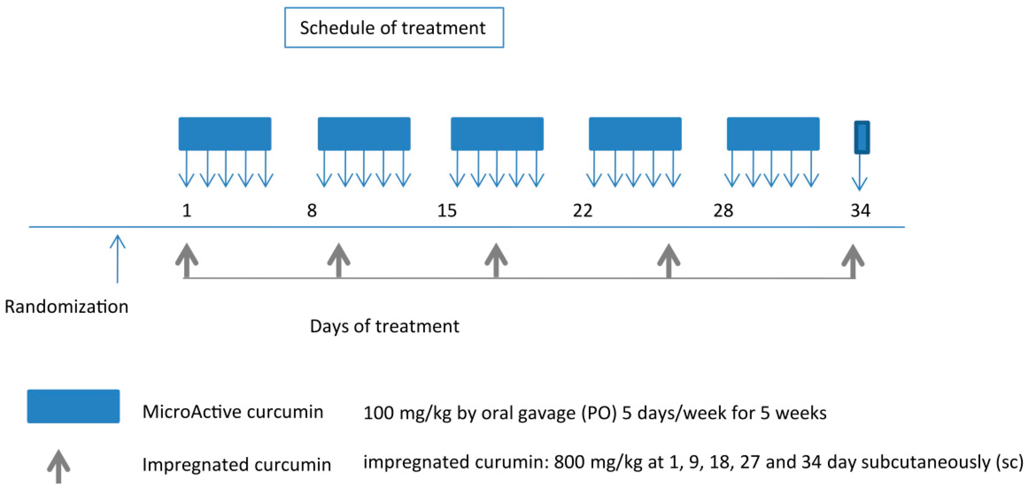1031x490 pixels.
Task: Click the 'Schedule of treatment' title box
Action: pos(394,28)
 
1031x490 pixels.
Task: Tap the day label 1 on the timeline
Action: pos(186,210)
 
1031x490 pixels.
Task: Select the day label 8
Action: pos(312,210)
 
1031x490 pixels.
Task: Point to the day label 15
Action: pos(447,210)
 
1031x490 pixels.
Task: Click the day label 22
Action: pos(582,210)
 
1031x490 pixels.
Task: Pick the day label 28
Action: pos(723,210)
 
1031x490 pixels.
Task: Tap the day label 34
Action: pos(860,210)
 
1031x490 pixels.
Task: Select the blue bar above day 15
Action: pos(497,134)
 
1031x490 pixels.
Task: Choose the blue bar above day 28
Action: pos(773,134)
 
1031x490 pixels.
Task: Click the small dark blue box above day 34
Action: pos(862,137)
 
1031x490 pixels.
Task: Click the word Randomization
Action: pos(67,307)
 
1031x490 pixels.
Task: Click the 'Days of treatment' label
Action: pos(384,326)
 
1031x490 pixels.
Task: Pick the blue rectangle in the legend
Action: pos(73,406)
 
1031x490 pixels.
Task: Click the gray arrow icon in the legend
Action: pos(58,466)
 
